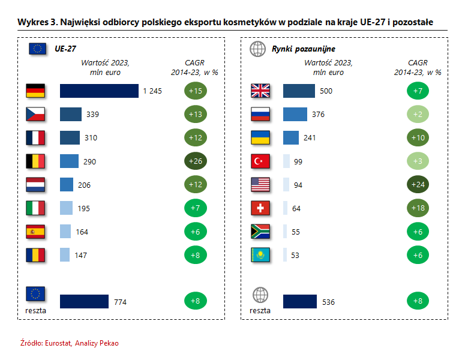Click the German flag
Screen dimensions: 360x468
tap(36, 91)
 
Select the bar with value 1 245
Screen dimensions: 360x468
tap(99, 91)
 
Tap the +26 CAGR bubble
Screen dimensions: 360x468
tap(195, 161)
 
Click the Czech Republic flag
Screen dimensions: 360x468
tap(36, 114)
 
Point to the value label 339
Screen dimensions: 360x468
tap(92, 114)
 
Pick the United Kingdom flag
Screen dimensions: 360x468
tap(260, 91)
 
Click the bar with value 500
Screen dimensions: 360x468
tap(299, 91)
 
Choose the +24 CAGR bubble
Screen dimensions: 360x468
tap(418, 185)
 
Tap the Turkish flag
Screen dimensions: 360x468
tap(260, 161)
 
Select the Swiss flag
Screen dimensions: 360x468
tap(260, 208)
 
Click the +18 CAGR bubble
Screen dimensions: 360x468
tap(418, 208)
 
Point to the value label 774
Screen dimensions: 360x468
tap(121, 302)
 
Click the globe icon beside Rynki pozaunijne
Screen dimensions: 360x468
tap(257, 49)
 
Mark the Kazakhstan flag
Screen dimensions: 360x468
tap(260, 255)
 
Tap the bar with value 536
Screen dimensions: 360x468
tap(299, 302)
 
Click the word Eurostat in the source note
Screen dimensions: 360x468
tap(55, 343)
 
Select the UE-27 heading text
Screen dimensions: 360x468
tap(65, 49)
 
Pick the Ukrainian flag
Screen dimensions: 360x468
tap(260, 137)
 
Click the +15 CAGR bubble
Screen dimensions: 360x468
tap(195, 91)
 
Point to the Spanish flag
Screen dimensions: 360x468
tap(36, 232)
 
